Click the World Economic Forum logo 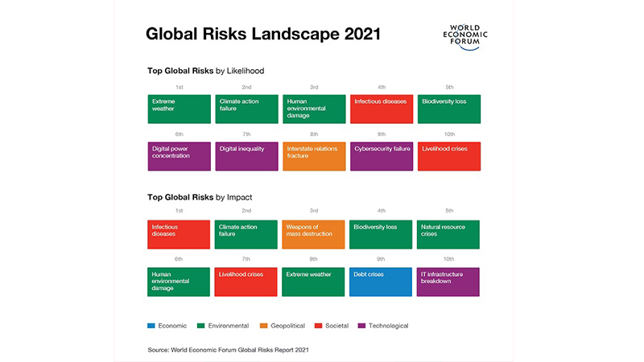coord(465,36)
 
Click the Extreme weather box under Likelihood coord(179,109)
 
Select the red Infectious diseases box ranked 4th coord(382,109)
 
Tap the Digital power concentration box coord(179,156)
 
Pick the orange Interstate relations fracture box coord(314,156)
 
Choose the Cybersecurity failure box coord(382,156)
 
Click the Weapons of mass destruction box coord(313,234)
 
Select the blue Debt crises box coord(381,282)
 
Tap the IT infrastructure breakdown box coord(448,282)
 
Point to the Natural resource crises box coord(448,234)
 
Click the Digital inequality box coord(247,156)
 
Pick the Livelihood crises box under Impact coord(246,282)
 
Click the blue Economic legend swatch coord(151,326)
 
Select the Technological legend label coord(388,326)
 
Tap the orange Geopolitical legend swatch coord(264,326)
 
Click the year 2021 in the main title coord(363,34)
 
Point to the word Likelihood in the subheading coord(246,71)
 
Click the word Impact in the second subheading coord(239,197)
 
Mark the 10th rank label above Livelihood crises coord(449,134)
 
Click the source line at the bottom coord(229,350)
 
